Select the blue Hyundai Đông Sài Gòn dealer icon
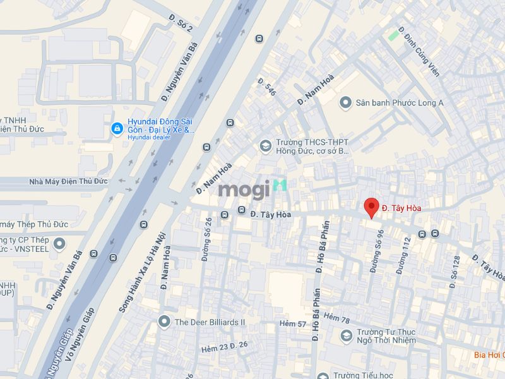[x=117, y=129]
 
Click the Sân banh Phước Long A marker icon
[x=345, y=102]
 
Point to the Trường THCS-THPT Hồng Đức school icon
[x=266, y=147]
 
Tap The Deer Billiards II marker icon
[x=164, y=322]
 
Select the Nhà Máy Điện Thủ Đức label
[x=68, y=181]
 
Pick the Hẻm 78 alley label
[x=336, y=318]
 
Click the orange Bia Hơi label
[x=489, y=354]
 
